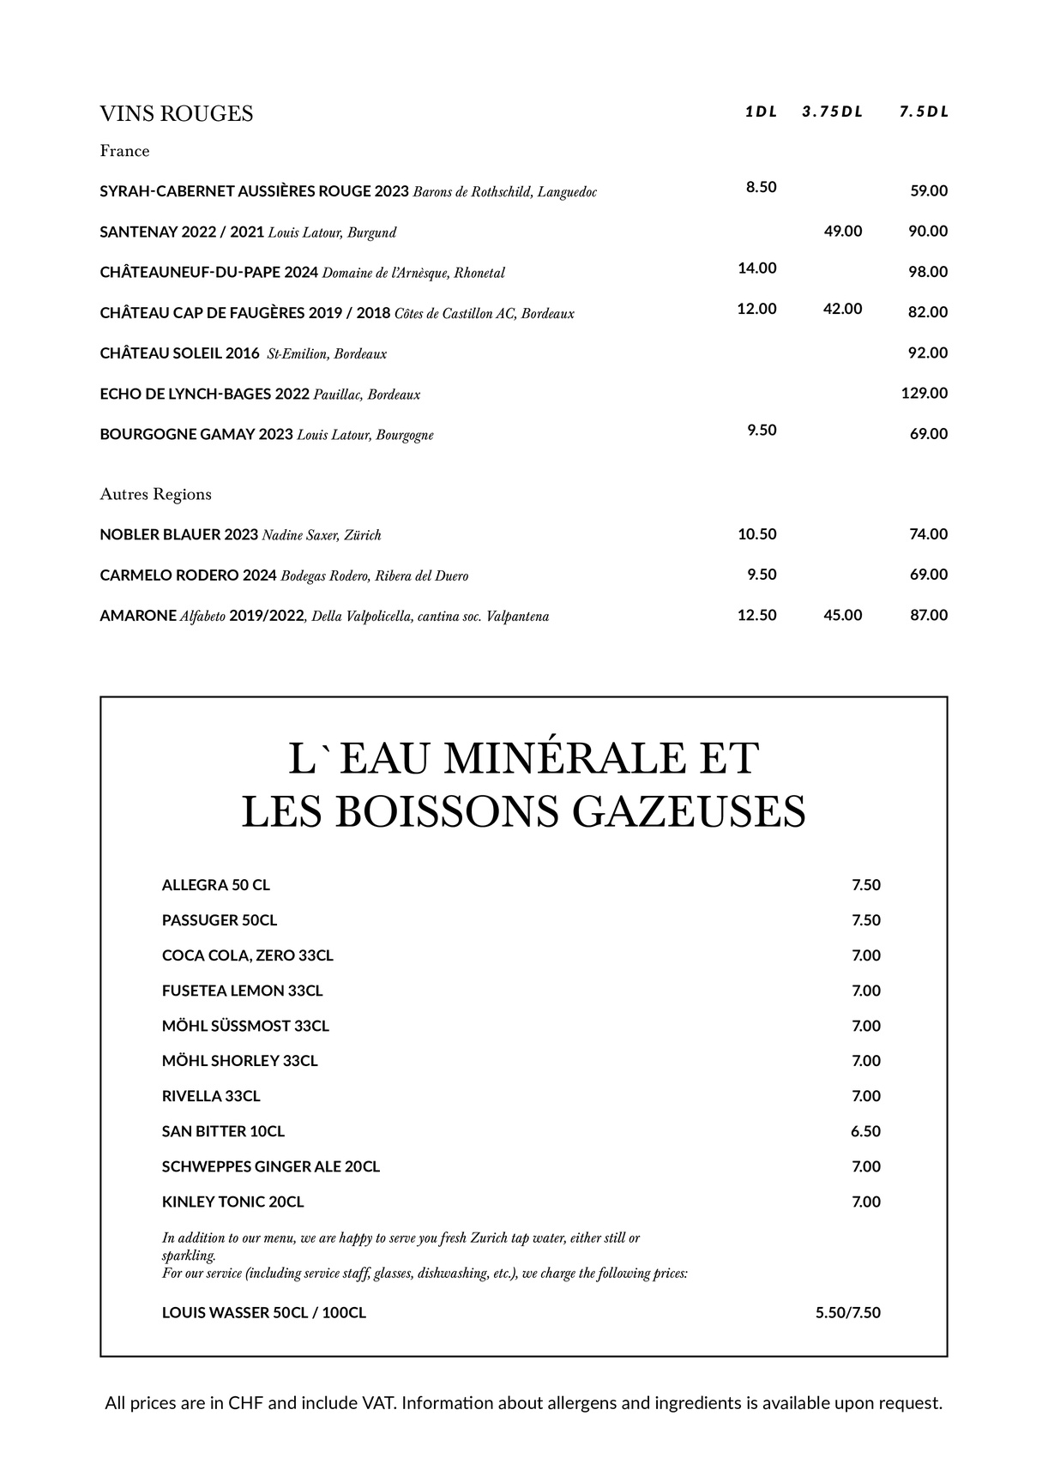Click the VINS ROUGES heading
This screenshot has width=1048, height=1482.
[176, 114]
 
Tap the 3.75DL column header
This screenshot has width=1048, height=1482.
[832, 111]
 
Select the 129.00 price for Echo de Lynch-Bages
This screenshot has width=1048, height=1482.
[924, 393]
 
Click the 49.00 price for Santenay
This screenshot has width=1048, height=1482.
[842, 231]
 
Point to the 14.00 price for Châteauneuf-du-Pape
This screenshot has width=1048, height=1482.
[756, 268]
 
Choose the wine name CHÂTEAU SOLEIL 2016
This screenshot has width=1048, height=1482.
[179, 353]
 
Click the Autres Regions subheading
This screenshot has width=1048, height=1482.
[155, 494]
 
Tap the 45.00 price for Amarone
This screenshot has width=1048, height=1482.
[842, 615]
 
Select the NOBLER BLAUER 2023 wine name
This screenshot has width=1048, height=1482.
[178, 534]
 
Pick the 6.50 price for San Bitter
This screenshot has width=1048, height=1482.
[865, 1131]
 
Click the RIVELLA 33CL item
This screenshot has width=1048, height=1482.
[211, 1096]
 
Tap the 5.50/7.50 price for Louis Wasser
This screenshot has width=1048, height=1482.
[847, 1312]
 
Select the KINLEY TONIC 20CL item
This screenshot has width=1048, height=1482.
[232, 1202]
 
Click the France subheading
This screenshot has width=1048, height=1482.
[124, 151]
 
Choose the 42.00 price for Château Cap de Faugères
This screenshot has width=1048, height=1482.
[842, 309]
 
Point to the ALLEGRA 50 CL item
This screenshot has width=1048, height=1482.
[215, 885]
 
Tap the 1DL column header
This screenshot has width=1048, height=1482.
[761, 111]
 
